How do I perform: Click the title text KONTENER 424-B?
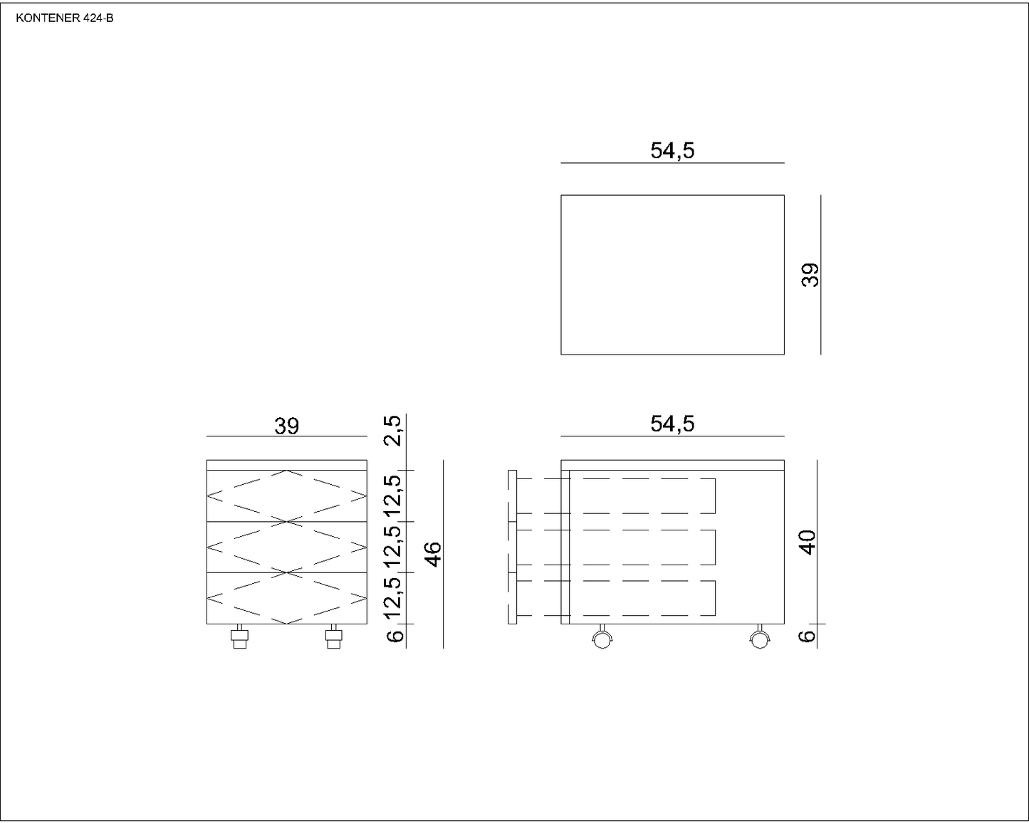64,19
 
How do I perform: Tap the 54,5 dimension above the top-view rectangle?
672,150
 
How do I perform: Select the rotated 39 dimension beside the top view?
810,275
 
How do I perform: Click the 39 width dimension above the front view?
286,426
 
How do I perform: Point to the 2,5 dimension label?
394,431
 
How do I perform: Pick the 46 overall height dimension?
433,554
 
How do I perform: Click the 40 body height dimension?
807,542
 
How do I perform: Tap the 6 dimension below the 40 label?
807,636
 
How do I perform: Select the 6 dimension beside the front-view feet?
396,634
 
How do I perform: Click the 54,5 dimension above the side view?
672,424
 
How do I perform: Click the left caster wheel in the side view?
602,639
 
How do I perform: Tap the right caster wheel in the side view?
759,639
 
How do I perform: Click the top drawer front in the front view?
286,496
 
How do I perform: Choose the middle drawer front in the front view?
286,547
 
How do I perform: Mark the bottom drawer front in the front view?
286,598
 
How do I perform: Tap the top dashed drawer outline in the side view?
641,496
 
